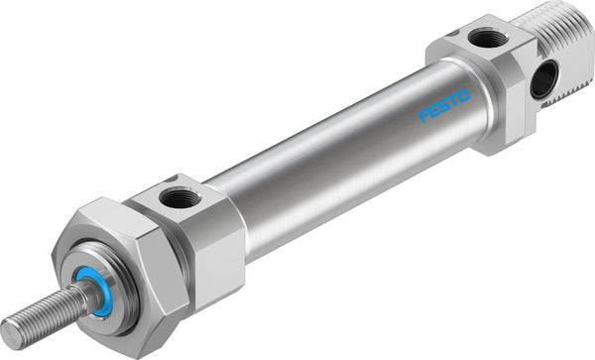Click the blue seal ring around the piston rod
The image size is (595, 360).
coord(100,298)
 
